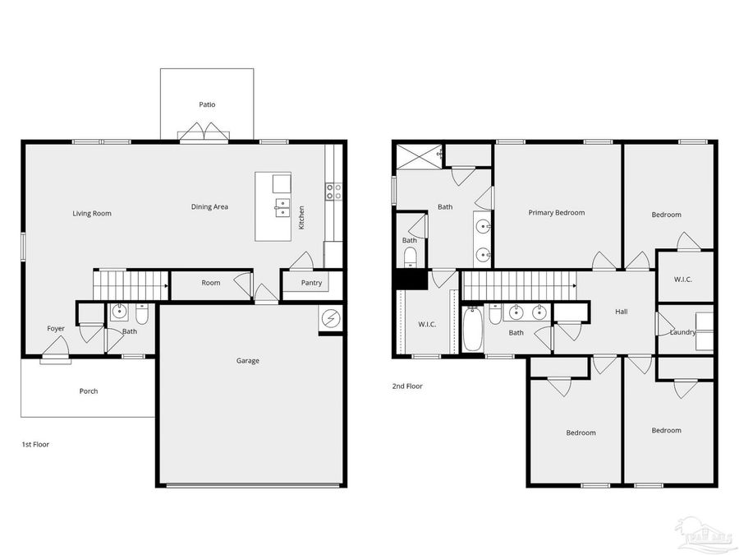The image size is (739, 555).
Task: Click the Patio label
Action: coord(207,104)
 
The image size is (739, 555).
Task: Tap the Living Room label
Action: coord(91,214)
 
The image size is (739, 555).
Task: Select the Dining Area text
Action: coord(209,207)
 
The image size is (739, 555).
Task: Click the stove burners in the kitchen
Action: coord(334,192)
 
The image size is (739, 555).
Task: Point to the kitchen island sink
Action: coord(281,206)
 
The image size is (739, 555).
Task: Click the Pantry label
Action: coord(311,284)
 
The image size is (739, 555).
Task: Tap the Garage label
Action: coord(248,360)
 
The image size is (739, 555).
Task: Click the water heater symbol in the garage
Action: coord(331,319)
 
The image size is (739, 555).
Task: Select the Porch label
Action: coord(88,391)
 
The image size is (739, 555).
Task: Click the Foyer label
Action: coord(55,329)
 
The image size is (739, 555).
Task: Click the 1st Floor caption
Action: coord(35,444)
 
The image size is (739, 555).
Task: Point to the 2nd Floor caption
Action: coord(407,385)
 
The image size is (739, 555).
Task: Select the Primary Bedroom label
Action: coord(556,213)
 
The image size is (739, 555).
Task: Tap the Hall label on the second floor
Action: coord(622,312)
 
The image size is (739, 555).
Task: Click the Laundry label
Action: coord(682,332)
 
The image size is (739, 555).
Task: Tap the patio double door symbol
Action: coord(202,132)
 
